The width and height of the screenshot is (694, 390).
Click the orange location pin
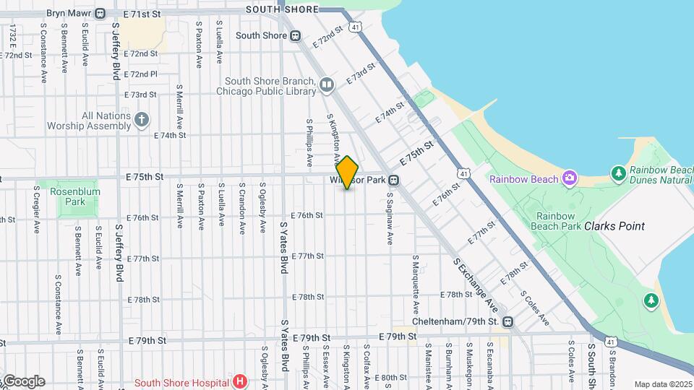pyautogui.click(x=348, y=172)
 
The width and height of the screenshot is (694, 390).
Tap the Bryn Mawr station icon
pyautogui.click(x=100, y=13)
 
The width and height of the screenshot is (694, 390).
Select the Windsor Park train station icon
pyautogui.click(x=394, y=180)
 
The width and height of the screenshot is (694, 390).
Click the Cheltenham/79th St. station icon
pyautogui.click(x=508, y=321)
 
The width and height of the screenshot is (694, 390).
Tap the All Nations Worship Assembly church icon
pyautogui.click(x=142, y=120)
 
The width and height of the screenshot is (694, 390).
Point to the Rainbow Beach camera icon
pyautogui.click(x=570, y=178)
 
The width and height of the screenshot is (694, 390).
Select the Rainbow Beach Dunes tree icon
pyautogui.click(x=618, y=173)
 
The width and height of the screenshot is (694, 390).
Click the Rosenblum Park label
pyautogui.click(x=74, y=196)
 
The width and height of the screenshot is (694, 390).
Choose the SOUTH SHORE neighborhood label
pyautogui.click(x=282, y=9)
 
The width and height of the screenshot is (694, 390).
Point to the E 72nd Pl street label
pyautogui.click(x=140, y=74)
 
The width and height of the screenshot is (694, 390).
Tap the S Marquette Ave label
pyautogui.click(x=416, y=278)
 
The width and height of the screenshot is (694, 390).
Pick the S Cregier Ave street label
pyautogui.click(x=36, y=209)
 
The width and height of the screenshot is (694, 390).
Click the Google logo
pyautogui.click(x=23, y=381)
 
